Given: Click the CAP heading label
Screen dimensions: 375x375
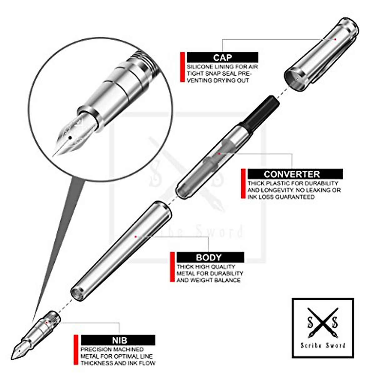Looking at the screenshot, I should click(x=222, y=57).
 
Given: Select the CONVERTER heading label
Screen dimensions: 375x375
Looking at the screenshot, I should click(x=292, y=174).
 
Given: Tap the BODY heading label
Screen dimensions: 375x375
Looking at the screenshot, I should click(x=208, y=257).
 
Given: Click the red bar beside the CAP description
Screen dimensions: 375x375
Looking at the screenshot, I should click(x=182, y=67).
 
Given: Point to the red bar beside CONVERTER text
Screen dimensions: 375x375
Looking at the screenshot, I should click(x=243, y=184).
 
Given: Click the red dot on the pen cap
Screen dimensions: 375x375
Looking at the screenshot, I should click(x=335, y=39).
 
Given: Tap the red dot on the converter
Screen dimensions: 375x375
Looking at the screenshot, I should click(x=219, y=154).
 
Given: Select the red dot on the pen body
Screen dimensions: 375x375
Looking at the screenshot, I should click(x=135, y=237).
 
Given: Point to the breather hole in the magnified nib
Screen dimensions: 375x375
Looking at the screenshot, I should click(x=70, y=137).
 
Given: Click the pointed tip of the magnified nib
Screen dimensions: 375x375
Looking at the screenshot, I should click(x=53, y=155).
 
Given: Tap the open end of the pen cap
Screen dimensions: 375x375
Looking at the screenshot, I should click(x=294, y=80).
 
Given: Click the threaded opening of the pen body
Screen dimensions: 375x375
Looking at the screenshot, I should click(x=77, y=293).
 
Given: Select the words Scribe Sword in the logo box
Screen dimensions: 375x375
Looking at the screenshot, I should click(x=323, y=345).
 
